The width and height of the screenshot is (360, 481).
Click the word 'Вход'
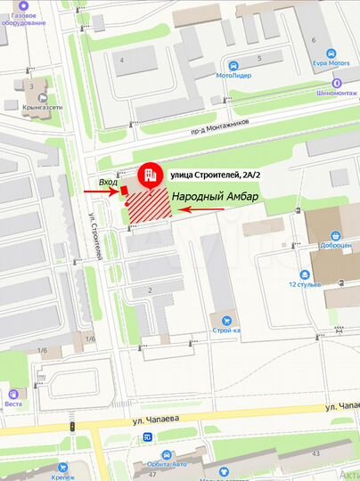(109, 182)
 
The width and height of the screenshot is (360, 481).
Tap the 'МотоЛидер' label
(233, 77)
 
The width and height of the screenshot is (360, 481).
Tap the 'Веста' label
(13, 404)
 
